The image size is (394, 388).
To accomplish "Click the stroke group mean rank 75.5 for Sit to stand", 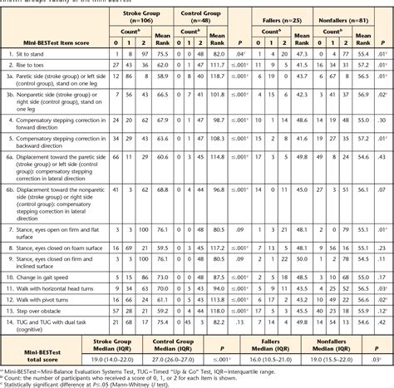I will (x=163, y=53).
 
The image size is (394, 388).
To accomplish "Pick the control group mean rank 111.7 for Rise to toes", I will (x=219, y=63).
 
